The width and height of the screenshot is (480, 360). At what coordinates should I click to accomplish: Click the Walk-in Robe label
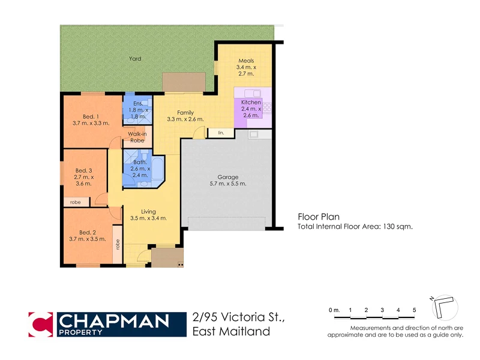point(137,136)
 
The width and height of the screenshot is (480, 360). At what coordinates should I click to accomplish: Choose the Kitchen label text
point(251,103)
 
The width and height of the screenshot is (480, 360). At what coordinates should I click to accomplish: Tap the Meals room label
point(247,61)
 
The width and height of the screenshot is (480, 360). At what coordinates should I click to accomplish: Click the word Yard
point(135,59)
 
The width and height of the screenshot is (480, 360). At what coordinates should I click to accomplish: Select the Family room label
point(185,112)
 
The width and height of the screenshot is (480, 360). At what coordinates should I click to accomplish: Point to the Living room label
point(148,211)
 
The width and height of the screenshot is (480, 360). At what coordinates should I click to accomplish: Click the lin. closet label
point(221,132)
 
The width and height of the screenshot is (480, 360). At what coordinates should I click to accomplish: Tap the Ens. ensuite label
point(139,104)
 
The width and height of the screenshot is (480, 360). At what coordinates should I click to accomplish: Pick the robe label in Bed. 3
point(76,202)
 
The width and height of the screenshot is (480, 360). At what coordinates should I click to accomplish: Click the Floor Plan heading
point(319,217)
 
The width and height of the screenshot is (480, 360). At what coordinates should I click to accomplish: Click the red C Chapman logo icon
point(41,325)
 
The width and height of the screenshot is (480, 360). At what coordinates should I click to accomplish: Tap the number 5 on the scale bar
point(414,310)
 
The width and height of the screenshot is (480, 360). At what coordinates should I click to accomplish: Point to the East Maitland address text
point(231,331)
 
